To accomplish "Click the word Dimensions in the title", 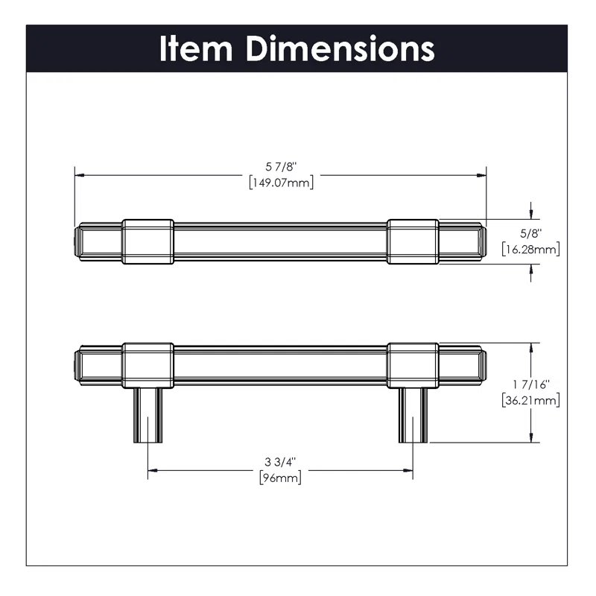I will pyautogui.click(x=341, y=48).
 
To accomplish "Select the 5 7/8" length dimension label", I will pyautogui.click(x=280, y=166).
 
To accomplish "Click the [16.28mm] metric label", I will pyautogui.click(x=530, y=249).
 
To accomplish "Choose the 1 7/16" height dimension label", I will pyautogui.click(x=530, y=384).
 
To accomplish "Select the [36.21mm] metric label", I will pyautogui.click(x=530, y=401).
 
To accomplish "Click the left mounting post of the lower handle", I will pyautogui.click(x=148, y=416).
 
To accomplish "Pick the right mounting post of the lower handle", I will pyautogui.click(x=413, y=416).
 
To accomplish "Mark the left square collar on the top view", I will pyautogui.click(x=148, y=241).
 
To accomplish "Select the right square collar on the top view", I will pyautogui.click(x=413, y=241).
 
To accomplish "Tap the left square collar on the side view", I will pyautogui.click(x=148, y=365).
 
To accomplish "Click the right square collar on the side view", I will pyautogui.click(x=413, y=365).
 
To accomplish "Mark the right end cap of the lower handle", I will pyautogui.click(x=484, y=365).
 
